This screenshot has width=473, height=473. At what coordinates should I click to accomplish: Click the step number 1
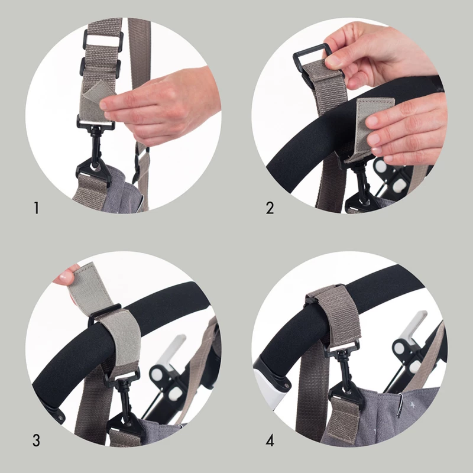point(37,208)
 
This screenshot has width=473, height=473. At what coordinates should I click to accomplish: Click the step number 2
point(270,208)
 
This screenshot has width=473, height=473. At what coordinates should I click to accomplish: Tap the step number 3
point(36,440)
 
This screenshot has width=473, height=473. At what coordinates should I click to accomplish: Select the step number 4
point(270,440)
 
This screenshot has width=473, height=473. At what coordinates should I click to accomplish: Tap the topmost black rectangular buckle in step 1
point(103,38)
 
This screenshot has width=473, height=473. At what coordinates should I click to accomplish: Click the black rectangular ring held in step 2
point(311,60)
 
